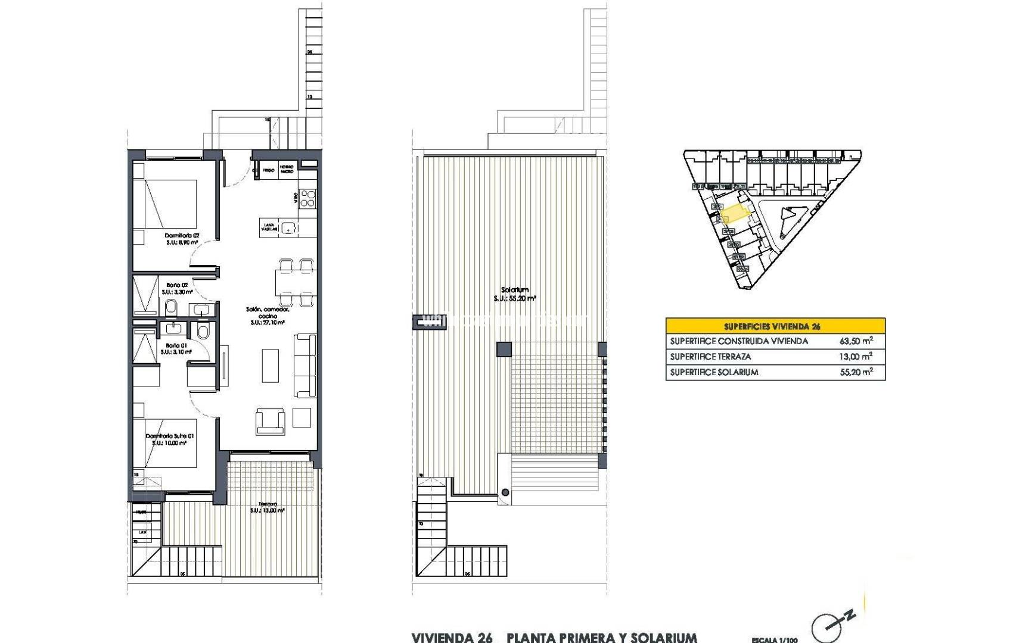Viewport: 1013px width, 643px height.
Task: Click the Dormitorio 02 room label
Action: coord(182,236)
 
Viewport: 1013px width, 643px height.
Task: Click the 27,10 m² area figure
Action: coord(268,323)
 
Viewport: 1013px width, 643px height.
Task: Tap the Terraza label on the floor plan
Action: coord(268,504)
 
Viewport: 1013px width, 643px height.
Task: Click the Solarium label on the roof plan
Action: coord(515,290)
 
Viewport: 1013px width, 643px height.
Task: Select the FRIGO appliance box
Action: coord(268,171)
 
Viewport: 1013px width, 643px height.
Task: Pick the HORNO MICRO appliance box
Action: coord(287,171)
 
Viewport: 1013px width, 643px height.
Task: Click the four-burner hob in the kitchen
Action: coord(307,198)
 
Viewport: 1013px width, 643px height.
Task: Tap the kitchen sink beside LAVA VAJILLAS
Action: coord(289,227)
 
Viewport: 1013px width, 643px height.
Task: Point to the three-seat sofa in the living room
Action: coord(305,366)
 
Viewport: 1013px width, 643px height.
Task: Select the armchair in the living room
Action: coord(270,421)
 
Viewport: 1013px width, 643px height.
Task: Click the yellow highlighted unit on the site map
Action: coord(735,213)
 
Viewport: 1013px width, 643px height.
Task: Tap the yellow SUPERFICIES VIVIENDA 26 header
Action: coord(775,326)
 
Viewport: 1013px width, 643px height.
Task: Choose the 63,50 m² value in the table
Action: coord(856,341)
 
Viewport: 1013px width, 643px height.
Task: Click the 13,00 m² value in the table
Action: coord(856,357)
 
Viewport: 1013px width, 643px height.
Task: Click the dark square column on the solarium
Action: coord(504,349)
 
